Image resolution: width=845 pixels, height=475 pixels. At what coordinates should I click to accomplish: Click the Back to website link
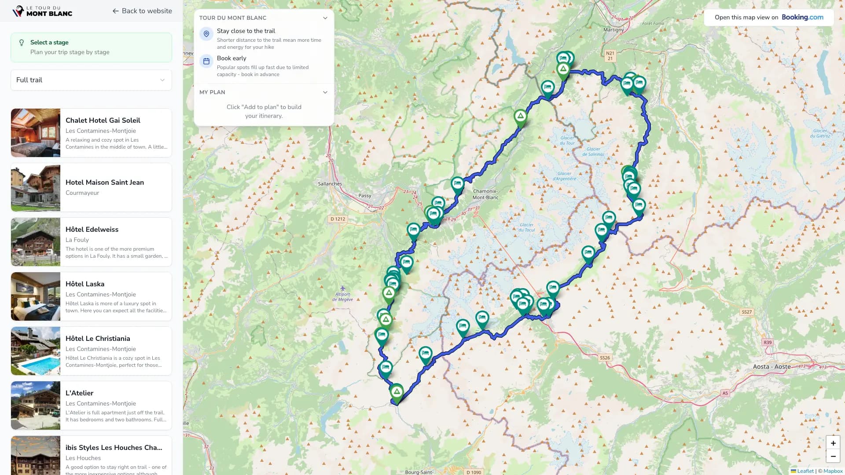(142, 11)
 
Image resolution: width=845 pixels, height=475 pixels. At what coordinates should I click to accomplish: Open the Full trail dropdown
(91, 80)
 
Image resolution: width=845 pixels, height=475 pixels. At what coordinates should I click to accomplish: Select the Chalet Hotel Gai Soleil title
(103, 120)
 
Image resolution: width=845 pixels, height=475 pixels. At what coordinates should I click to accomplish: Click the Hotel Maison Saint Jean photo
(36, 187)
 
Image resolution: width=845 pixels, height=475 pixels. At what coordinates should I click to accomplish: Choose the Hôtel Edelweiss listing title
(92, 229)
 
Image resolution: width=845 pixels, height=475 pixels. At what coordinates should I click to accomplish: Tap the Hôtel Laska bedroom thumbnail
(36, 296)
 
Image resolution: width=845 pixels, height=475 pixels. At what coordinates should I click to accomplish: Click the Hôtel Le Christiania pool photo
(36, 351)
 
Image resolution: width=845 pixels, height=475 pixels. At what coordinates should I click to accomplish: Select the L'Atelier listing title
(79, 393)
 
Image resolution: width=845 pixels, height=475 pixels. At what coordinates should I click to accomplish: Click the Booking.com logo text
(802, 17)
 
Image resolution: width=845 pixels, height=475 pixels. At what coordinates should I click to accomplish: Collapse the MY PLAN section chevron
(325, 92)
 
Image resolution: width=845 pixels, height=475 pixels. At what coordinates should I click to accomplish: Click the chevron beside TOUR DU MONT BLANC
(325, 18)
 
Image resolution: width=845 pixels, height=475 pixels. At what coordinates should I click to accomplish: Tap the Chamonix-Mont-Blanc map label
(485, 194)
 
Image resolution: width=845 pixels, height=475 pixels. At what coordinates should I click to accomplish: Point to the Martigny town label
(613, 30)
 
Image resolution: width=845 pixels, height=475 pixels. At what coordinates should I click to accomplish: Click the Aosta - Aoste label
(772, 366)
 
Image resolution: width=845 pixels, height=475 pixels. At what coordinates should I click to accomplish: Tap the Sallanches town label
(330, 184)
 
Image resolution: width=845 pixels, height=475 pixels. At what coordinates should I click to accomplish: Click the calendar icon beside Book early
(206, 61)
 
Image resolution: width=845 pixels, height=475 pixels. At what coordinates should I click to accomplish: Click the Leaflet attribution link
(805, 471)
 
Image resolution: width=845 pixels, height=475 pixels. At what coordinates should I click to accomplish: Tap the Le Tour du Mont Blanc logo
(42, 11)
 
